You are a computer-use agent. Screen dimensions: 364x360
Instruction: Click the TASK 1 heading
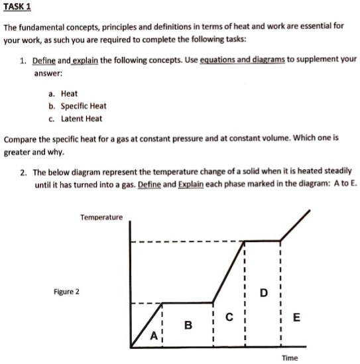17,7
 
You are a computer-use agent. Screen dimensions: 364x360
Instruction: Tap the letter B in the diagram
188,326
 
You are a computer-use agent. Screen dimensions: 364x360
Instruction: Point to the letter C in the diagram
229,318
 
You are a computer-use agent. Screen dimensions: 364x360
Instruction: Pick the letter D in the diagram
265,292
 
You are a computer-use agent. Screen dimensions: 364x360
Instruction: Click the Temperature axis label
101,217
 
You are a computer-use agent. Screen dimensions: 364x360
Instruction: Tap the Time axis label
290,357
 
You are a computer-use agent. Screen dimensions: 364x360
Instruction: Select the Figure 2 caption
66,291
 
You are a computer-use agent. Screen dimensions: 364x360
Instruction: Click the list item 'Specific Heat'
84,106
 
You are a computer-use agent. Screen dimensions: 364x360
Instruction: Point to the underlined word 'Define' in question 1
45,58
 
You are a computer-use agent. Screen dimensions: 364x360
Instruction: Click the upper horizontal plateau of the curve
263,241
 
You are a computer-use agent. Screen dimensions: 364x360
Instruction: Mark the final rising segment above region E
296,225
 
